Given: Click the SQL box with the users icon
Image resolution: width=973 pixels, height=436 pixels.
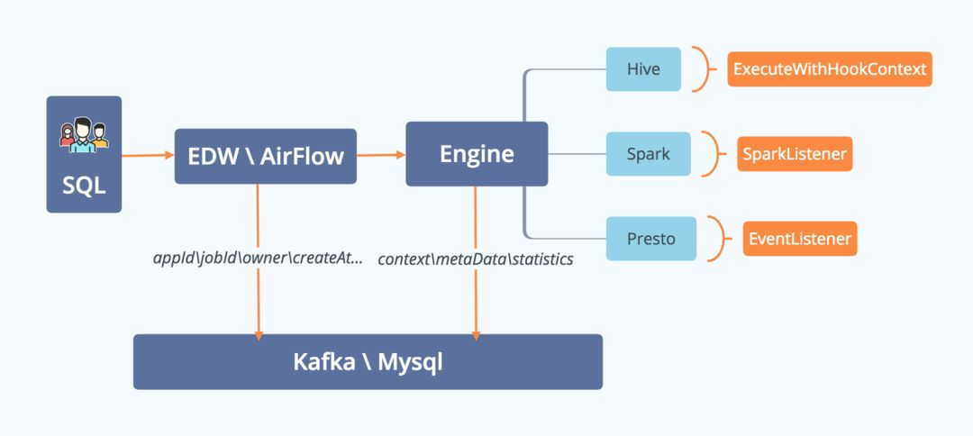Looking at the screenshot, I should (x=84, y=155).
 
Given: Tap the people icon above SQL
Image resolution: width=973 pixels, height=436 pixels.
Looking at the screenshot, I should (x=84, y=134).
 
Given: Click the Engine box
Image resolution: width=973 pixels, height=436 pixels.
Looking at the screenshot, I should (x=477, y=154).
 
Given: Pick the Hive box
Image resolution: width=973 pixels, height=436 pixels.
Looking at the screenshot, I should (x=643, y=69).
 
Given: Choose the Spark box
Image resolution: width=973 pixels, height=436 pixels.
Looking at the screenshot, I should (x=649, y=154).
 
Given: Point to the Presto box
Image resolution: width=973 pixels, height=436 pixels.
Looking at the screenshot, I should (x=650, y=239).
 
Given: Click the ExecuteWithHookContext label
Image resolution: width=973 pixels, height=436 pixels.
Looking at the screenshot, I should (x=829, y=69).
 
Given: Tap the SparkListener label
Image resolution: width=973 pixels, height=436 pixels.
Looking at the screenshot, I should (x=794, y=154).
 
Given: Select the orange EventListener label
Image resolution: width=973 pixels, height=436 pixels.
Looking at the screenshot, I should (x=798, y=239).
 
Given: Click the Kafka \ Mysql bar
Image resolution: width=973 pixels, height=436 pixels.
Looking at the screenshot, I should (x=368, y=362).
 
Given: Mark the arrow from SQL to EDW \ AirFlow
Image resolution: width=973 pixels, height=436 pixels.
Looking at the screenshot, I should (x=148, y=156).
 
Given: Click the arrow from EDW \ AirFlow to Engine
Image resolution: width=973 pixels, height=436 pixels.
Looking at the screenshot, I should (x=381, y=155).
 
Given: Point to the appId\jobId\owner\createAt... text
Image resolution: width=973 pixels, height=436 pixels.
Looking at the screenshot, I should (x=258, y=259).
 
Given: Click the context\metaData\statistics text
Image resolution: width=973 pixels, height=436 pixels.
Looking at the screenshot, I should (x=476, y=259).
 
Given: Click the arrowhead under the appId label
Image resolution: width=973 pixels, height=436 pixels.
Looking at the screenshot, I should (x=259, y=334).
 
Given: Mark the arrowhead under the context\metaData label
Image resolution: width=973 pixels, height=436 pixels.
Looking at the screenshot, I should (x=476, y=334).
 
